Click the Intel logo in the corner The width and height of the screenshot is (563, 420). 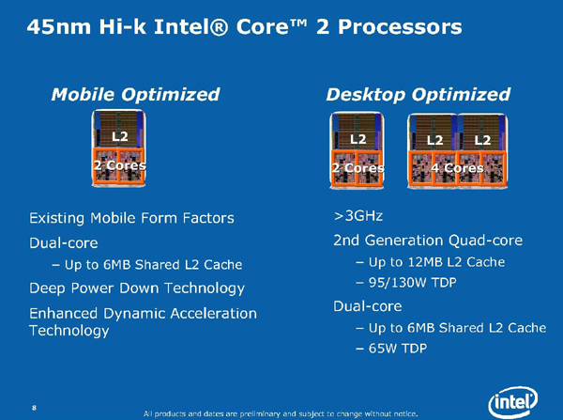click(x=512, y=401)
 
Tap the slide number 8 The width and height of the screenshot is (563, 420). click(x=34, y=408)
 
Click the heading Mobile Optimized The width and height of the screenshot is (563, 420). click(x=135, y=95)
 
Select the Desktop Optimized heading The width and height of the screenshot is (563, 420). click(x=418, y=95)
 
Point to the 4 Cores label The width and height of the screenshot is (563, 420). click(x=457, y=168)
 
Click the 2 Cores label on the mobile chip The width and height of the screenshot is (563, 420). click(x=119, y=165)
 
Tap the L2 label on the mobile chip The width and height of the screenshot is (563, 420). click(x=119, y=136)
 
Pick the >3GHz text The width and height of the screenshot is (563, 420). click(x=358, y=216)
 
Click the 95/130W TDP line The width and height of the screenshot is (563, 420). click(x=412, y=283)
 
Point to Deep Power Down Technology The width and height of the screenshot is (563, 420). click(x=137, y=288)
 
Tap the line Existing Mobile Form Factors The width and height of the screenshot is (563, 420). click(x=131, y=218)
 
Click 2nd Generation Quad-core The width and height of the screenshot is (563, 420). click(x=428, y=241)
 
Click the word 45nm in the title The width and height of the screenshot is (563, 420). click(x=59, y=27)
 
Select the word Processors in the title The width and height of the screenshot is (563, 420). click(x=400, y=27)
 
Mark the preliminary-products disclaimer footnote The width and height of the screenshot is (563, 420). click(x=281, y=413)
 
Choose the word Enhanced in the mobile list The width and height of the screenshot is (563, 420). click(x=63, y=314)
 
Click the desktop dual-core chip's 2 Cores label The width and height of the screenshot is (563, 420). click(x=358, y=168)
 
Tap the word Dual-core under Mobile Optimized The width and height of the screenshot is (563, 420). click(x=64, y=243)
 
